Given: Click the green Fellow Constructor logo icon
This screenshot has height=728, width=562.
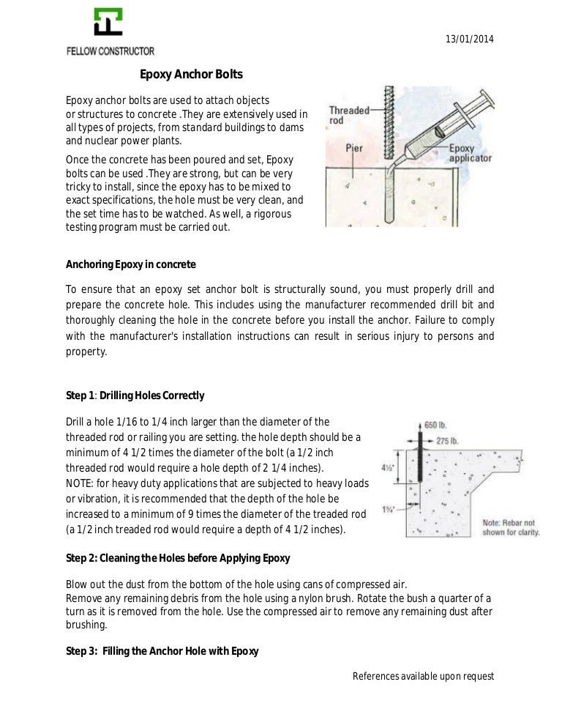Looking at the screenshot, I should [x=108, y=23].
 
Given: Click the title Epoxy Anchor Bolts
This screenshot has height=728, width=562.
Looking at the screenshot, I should [x=191, y=74].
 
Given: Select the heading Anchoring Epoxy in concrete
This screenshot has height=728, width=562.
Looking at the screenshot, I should [x=131, y=264].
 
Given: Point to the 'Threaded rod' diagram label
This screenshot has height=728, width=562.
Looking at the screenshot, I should [x=348, y=116].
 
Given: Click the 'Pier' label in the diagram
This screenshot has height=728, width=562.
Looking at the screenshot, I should [x=354, y=146].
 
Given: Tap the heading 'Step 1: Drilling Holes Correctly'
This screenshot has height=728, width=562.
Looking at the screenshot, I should [x=135, y=395].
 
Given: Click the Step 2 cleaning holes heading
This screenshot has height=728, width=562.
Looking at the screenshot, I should [x=178, y=558].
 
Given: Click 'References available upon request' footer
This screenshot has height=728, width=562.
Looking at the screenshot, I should [x=423, y=676].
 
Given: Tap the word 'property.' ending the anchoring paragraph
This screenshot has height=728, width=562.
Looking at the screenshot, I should [x=86, y=352].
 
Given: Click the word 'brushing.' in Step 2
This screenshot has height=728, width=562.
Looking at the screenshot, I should [x=86, y=626].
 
